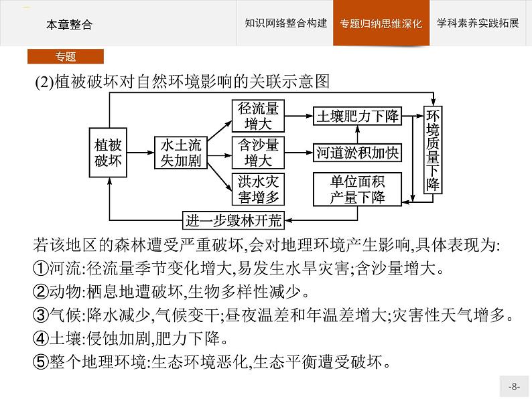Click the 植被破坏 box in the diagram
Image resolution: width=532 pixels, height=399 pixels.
coord(108,153)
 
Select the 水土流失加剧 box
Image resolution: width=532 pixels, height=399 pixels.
coord(181,153)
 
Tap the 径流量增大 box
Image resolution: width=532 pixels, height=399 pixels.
coord(258,116)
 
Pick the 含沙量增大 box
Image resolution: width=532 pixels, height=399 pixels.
coord(258,153)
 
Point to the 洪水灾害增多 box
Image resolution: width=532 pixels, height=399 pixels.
coord(258,189)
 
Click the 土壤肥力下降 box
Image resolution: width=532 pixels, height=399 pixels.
coord(357,116)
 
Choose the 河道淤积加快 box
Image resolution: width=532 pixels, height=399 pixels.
coord(357,153)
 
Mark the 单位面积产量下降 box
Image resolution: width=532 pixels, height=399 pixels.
coord(357,189)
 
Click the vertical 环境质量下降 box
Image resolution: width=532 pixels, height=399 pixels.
coord(433,150)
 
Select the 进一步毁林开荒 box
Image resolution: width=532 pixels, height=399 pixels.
coord(233,221)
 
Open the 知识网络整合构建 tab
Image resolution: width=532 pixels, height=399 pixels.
coord(285,23)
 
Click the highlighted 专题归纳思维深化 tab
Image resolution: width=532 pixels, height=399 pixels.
coord(381,23)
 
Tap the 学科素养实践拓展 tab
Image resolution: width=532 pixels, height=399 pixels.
coord(478,23)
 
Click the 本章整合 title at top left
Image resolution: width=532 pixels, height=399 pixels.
coord(69,25)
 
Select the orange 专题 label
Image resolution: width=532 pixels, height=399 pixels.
coord(66,56)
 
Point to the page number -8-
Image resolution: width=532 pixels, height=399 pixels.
coord(514,386)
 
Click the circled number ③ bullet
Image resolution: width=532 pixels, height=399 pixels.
coord(40,315)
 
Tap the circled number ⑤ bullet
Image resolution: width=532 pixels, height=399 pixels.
coord(40,362)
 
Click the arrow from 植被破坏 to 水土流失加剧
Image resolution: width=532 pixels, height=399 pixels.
coord(141,153)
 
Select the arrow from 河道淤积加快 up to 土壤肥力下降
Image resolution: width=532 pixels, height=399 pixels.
coord(357,135)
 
